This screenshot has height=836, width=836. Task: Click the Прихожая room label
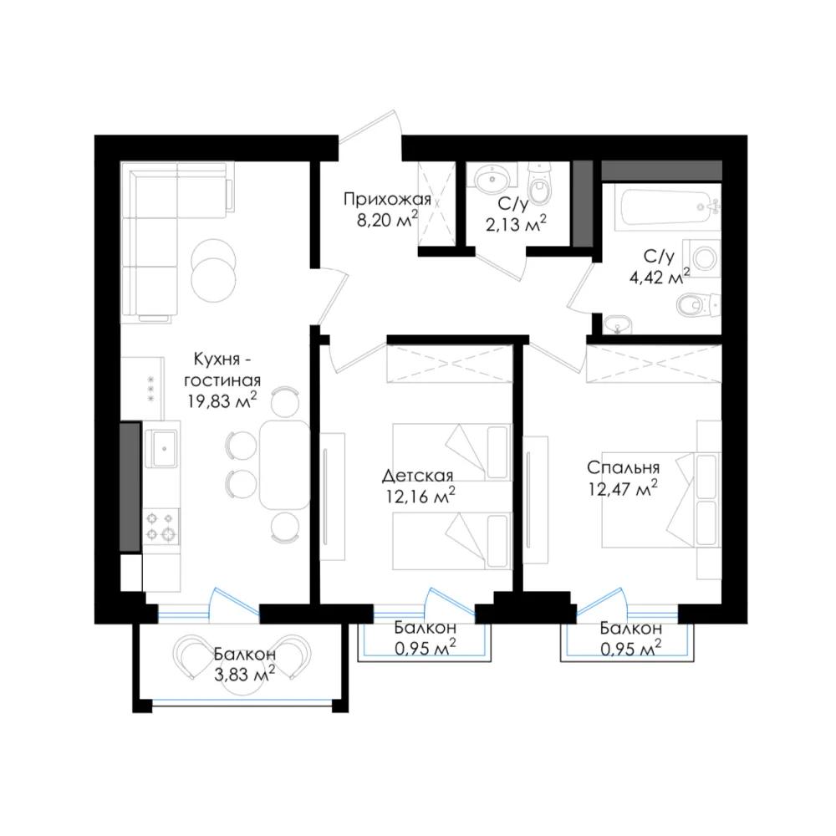pyautogui.click(x=387, y=200)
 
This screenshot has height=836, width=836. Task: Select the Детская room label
pyautogui.click(x=417, y=475)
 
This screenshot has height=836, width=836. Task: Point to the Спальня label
pyautogui.click(x=624, y=467)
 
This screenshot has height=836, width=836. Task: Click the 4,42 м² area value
pyautogui.click(x=660, y=277)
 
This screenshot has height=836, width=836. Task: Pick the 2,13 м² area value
pyautogui.click(x=516, y=224)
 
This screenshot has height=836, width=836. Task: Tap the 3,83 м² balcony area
pyautogui.click(x=244, y=674)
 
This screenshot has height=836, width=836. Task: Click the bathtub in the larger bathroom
pyautogui.click(x=667, y=208)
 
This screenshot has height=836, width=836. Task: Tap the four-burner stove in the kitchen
pyautogui.click(x=161, y=527)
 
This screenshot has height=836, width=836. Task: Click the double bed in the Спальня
pyautogui.click(x=661, y=501)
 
